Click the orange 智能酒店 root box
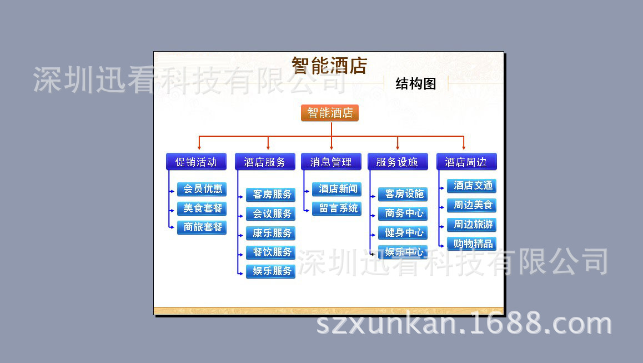[x=330, y=113]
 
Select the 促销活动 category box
[x=196, y=162]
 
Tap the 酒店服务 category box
[x=265, y=162]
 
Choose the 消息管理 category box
[x=331, y=162]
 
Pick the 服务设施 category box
[x=398, y=162]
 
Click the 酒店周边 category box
[x=466, y=162]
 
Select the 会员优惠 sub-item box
[x=202, y=190]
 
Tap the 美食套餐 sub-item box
[x=202, y=208]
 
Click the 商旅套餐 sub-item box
[x=202, y=227]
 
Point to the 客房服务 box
[x=270, y=195]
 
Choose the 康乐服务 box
[x=270, y=233]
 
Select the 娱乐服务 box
[x=270, y=271]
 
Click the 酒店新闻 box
[x=336, y=190]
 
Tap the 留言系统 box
[x=336, y=208]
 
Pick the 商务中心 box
[x=403, y=213]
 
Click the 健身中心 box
[x=403, y=233]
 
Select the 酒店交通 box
[x=471, y=186]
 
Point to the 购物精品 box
[x=471, y=244]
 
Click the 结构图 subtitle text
[x=415, y=84]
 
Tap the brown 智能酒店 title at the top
[x=329, y=66]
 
